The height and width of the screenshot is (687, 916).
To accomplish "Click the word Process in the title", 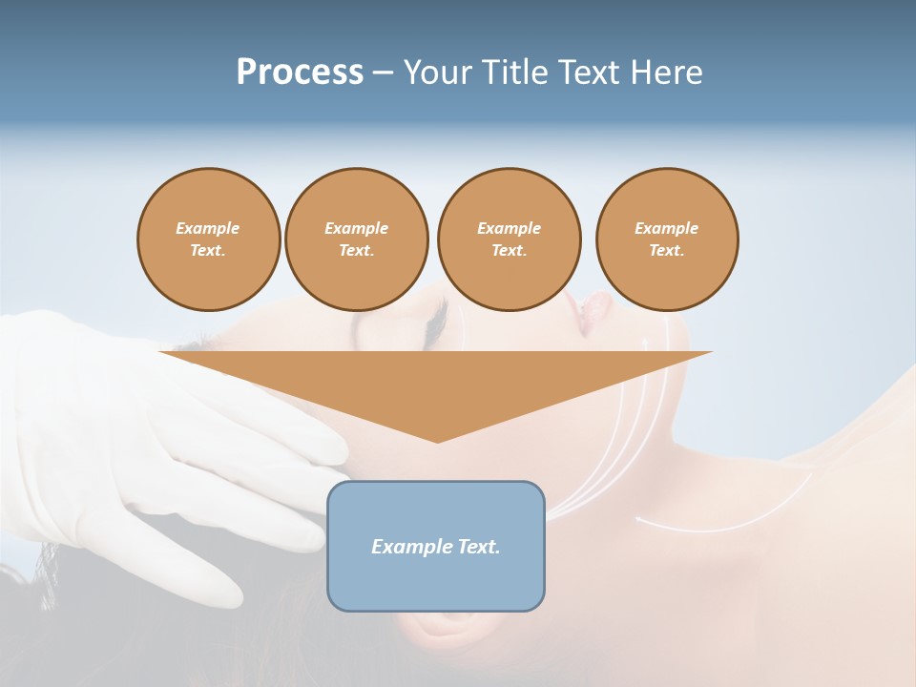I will [300, 73].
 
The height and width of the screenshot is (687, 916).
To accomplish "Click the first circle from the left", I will [208, 239].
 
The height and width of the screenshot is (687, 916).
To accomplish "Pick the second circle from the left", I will [356, 239].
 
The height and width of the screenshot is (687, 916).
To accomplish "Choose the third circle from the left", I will [509, 239].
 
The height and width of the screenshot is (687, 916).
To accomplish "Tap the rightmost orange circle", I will [666, 239].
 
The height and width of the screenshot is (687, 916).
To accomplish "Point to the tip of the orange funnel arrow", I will [437, 440].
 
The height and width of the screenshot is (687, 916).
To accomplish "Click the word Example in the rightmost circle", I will [666, 228].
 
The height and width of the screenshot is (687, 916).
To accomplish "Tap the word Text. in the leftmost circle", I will [208, 251].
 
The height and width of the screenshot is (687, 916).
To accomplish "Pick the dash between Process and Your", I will [383, 73].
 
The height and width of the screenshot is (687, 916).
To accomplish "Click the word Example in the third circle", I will [509, 228].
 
